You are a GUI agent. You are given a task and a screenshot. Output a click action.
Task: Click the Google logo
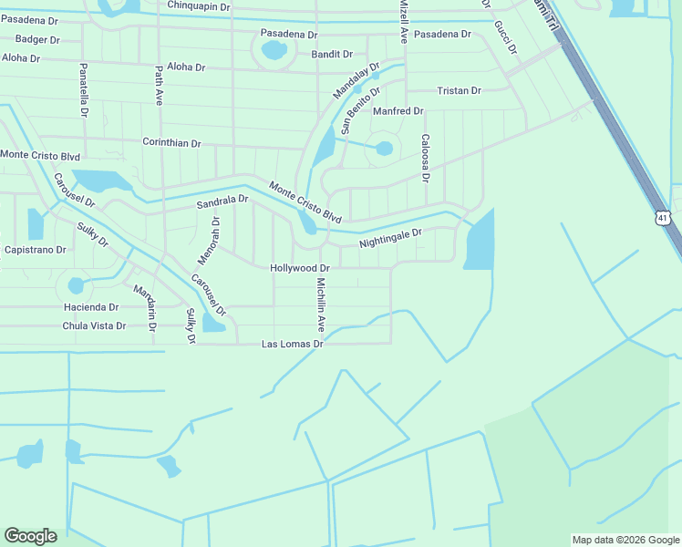coord(30,536)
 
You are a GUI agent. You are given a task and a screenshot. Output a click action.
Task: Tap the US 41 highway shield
coord(662,217)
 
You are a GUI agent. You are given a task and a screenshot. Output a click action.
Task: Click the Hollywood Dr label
coord(299,268)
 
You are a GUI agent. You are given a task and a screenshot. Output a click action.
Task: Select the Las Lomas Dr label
coord(293,345)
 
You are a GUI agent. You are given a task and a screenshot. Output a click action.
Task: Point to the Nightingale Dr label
coord(390,239)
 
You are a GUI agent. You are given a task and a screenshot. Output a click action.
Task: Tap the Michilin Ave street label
coord(321,304)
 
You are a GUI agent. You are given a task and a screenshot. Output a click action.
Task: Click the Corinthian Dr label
coord(171,143)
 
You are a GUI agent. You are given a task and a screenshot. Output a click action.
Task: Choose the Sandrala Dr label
coord(222,201)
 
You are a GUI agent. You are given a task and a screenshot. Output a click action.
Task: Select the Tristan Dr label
coord(459,91)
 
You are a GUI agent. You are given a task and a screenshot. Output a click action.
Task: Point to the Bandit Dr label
coord(332,55)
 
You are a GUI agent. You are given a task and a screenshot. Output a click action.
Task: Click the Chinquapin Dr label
coord(200,6)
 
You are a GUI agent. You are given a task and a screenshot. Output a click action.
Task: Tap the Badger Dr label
coord(37,39)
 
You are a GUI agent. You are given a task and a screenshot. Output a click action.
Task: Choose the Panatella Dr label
coord(83,89)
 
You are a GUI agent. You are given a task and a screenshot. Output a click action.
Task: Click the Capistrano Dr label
coord(36,250)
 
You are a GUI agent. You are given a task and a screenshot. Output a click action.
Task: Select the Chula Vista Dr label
coord(94,325)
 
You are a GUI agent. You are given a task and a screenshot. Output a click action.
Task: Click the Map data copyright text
coord(625,540)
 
